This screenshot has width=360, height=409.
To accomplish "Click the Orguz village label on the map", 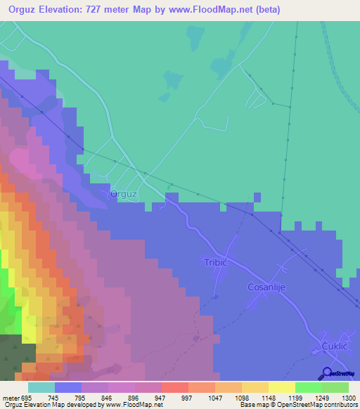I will (123, 195).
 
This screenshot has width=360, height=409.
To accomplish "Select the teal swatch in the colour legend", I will (41, 387).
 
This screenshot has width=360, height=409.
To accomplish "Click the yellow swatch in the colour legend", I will (281, 387).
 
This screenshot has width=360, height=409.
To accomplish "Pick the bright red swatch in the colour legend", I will (174, 387).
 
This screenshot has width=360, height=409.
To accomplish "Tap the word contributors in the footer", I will (337, 405).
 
